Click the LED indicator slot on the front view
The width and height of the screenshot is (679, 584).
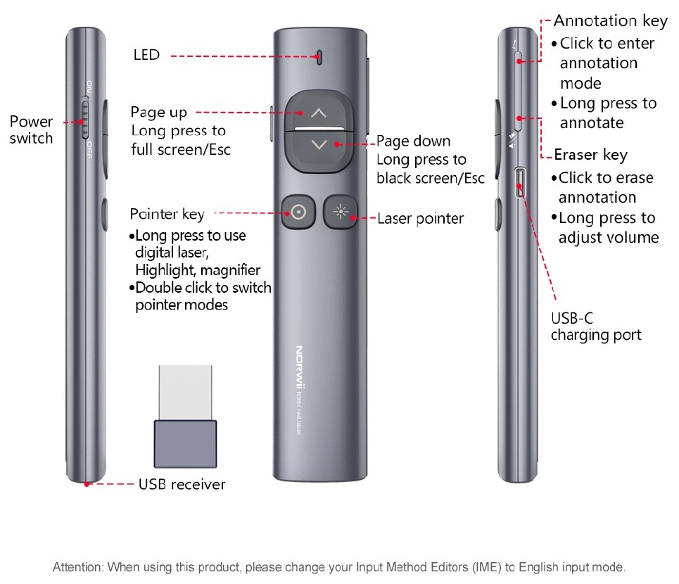click(x=319, y=56)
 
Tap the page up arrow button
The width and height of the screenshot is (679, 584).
click(x=319, y=113)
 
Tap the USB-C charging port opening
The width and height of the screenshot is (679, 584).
click(x=521, y=183)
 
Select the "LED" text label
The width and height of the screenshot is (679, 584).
click(x=146, y=55)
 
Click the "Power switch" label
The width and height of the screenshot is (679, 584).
click(x=31, y=130)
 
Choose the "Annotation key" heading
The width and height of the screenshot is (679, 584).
click(x=610, y=21)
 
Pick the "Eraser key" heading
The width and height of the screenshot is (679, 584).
click(x=590, y=155)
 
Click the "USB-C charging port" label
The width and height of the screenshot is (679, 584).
click(x=595, y=326)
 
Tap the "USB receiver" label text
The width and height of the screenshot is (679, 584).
click(x=182, y=484)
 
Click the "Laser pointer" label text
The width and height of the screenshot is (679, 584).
click(x=420, y=219)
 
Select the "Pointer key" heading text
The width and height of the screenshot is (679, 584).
click(x=167, y=214)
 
